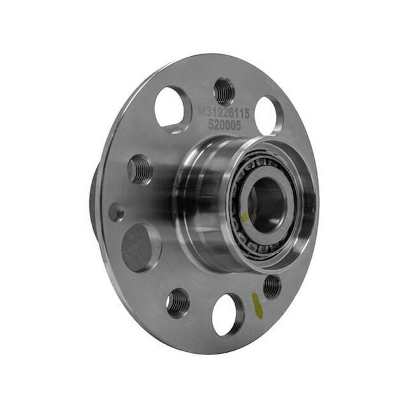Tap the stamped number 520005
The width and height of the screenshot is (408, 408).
pyautogui.click(x=225, y=126)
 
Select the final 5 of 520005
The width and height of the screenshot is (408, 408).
pyautogui.click(x=238, y=126)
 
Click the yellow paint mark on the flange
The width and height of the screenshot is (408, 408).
pyautogui.click(x=256, y=304)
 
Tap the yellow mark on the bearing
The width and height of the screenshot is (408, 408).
pyautogui.click(x=245, y=216)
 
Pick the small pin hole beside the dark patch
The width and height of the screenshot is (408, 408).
pyautogui.click(x=116, y=212)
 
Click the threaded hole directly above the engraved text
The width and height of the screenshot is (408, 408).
pyautogui.click(x=224, y=91)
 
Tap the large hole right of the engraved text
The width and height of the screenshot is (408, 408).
pyautogui.click(x=268, y=115)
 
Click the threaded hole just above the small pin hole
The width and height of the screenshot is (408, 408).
pyautogui.click(x=140, y=170)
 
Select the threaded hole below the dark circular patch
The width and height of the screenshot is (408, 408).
pyautogui.click(x=178, y=302)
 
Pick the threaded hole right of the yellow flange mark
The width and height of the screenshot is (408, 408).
pyautogui.click(x=272, y=286)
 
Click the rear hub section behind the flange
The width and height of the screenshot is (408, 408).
pyautogui.click(x=94, y=204)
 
